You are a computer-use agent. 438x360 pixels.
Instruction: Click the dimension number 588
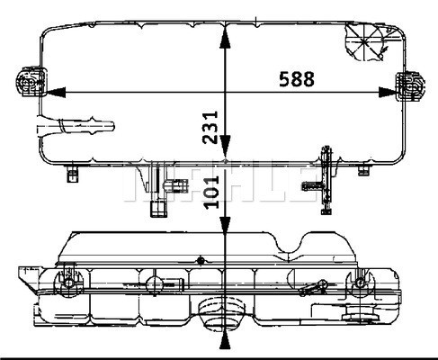(297, 79)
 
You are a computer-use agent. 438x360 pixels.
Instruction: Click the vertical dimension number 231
(210, 127)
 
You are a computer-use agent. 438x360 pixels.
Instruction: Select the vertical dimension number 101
(211, 192)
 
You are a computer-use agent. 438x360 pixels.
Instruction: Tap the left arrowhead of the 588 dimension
(56, 92)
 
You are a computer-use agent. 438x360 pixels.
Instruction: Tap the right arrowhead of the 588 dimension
(389, 92)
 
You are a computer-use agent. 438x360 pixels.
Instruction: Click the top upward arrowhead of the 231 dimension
(225, 38)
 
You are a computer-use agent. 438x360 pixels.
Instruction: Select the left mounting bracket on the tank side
(31, 81)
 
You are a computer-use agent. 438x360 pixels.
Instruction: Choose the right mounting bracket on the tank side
(410, 86)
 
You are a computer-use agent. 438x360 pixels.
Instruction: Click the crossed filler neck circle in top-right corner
(364, 42)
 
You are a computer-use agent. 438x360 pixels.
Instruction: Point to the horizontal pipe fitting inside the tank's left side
(76, 127)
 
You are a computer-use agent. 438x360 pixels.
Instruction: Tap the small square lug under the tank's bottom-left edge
(72, 174)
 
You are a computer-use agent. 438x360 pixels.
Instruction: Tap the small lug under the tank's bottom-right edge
(363, 170)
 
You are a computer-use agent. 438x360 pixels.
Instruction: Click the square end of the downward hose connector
(158, 209)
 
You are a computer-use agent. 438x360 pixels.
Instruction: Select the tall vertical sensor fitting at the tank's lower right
(326, 180)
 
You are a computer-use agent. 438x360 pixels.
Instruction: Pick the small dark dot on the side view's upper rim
(201, 261)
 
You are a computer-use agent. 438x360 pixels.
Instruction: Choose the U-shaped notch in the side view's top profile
(290, 244)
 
